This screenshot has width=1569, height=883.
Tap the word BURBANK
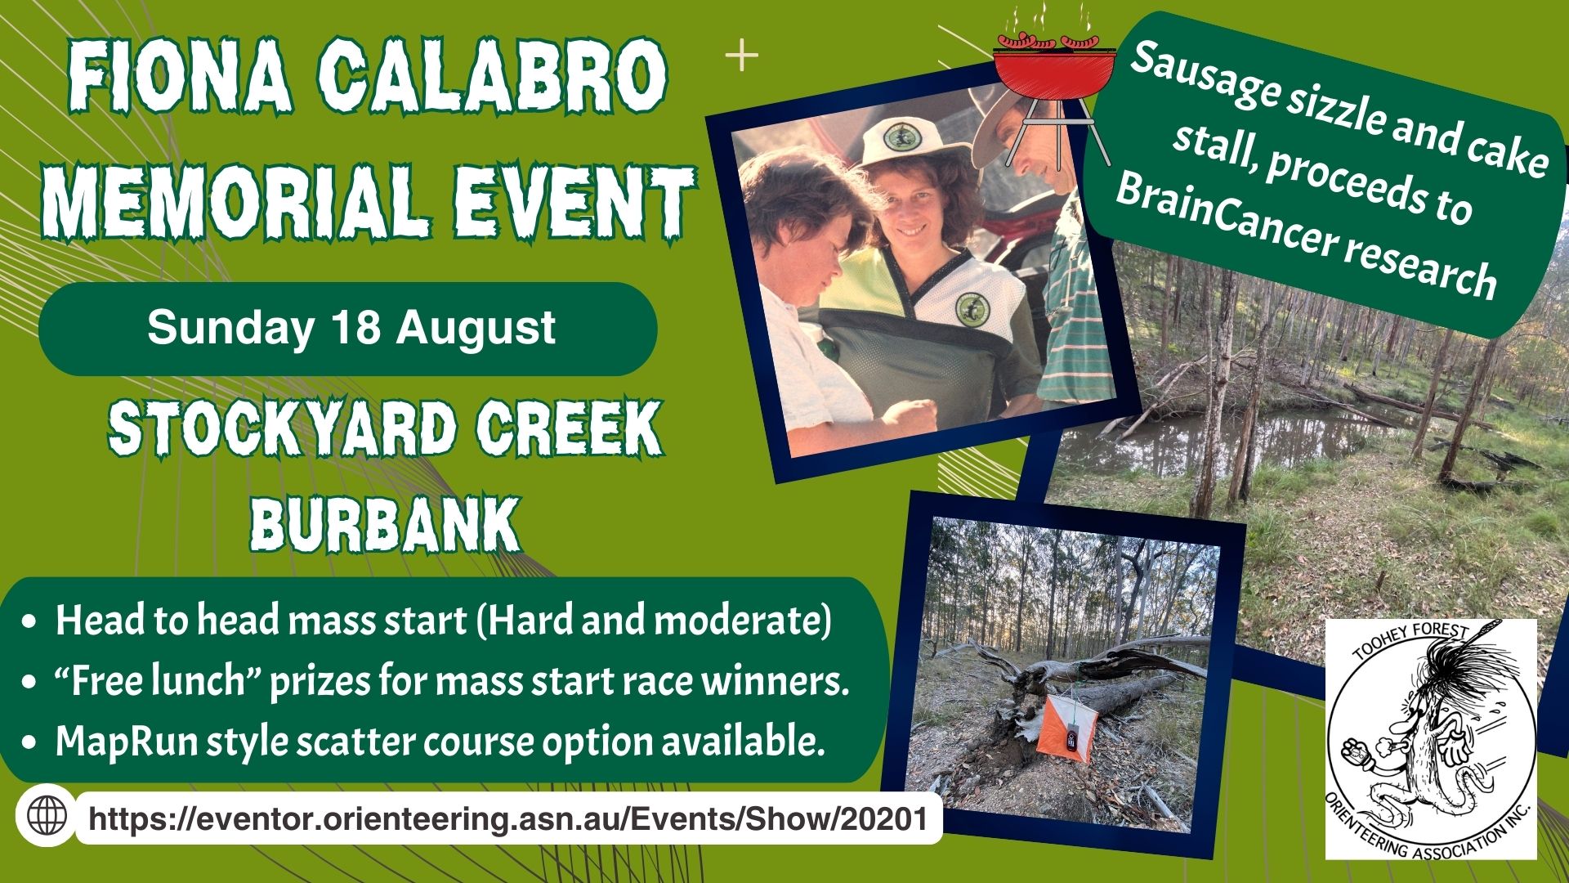(385, 523)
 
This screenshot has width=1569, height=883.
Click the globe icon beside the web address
(47, 814)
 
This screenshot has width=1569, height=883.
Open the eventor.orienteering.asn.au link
(508, 818)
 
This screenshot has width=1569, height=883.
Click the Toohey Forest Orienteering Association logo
(1430, 739)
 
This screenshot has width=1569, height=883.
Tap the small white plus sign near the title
(742, 56)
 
